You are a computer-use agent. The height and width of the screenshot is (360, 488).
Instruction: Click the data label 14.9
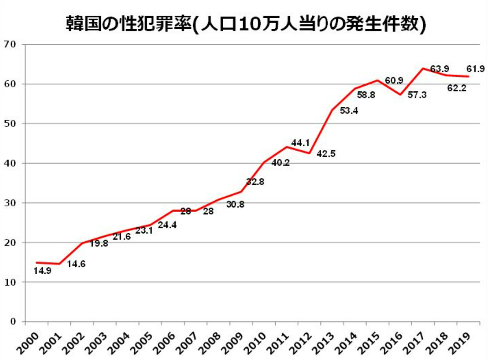pos(42,271)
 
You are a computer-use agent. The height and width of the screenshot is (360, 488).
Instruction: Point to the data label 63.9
pos(439,69)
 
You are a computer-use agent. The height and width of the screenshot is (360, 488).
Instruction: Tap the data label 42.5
pos(326,154)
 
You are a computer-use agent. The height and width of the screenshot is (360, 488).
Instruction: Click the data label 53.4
pos(349,110)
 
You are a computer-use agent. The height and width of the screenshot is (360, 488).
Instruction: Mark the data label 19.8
pos(99,243)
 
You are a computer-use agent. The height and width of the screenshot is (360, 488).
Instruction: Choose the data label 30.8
pos(235,204)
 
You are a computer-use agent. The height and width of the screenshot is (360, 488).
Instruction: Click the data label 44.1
pos(300,143)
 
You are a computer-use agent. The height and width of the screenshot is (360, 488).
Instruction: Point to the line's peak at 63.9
pos(423,68)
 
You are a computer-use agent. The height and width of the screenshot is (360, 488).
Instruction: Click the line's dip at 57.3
pos(400,94)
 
